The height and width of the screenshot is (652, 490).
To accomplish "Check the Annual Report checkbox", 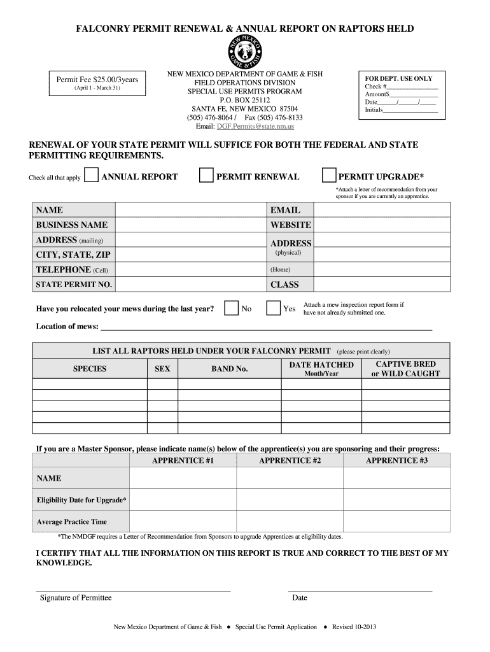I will click(x=92, y=176).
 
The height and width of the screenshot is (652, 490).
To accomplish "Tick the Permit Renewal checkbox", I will click(x=206, y=176).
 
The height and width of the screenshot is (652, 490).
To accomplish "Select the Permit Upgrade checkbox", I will click(x=329, y=176).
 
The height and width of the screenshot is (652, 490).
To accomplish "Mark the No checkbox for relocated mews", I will click(x=232, y=309).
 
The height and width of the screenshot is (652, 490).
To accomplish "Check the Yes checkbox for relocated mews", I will click(x=273, y=309).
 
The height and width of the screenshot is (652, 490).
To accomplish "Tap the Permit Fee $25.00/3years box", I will click(x=101, y=83).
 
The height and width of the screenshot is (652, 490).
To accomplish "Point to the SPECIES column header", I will click(x=90, y=369).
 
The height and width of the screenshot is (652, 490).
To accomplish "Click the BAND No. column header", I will click(x=229, y=369).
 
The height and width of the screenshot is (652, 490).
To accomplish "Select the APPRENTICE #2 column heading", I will click(x=290, y=460).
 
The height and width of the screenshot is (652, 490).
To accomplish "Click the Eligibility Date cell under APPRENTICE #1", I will click(x=183, y=500).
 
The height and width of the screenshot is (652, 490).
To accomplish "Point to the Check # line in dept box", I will click(x=412, y=87).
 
